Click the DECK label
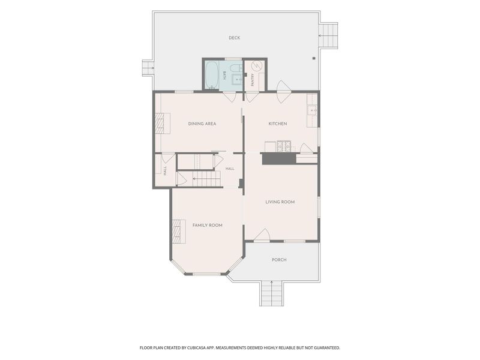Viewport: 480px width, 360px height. point(234,38)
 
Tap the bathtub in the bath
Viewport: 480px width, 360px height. point(212,75)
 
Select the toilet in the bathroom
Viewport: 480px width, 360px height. point(235,68)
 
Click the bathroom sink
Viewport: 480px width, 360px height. point(237,79)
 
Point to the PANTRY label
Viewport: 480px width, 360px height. point(253,79)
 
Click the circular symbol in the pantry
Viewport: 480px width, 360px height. point(257,66)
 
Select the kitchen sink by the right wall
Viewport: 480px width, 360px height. point(312,110)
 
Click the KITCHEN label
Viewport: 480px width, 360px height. point(278,124)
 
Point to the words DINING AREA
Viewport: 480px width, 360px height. point(202,124)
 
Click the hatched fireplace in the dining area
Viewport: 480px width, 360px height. point(160,124)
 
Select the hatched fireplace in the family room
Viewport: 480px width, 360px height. point(176,231)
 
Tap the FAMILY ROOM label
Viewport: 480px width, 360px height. point(207,226)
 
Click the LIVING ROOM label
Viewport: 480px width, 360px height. point(280,202)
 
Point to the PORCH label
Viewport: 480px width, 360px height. point(279,260)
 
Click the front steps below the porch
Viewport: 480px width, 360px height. point(271,293)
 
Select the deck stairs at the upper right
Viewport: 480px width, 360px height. point(328,35)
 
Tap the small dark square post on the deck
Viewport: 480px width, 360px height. point(314,58)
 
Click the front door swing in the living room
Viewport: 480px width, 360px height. point(262,235)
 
